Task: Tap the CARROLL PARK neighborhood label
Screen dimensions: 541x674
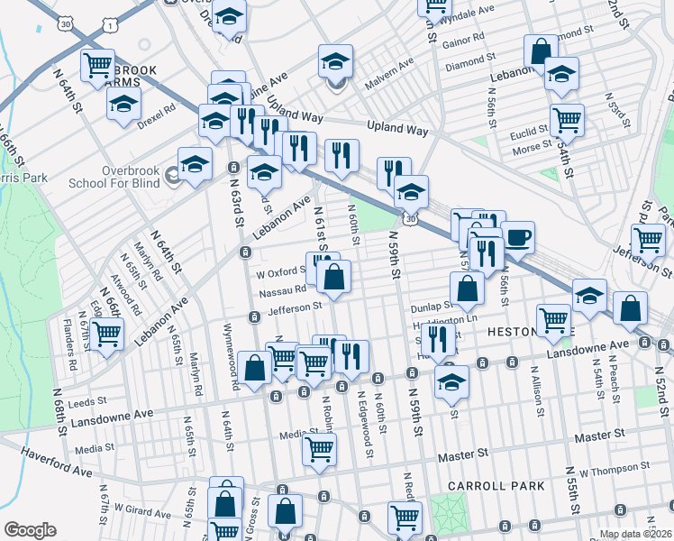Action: [487, 486]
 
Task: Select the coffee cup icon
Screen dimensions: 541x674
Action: [517, 238]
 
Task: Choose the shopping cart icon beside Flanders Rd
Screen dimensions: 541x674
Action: [106, 335]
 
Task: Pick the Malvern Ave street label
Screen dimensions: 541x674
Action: [388, 75]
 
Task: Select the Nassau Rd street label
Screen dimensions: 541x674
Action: [282, 291]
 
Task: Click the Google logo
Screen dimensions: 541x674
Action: [30, 530]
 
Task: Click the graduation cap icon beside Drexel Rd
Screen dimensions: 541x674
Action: [124, 104]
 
